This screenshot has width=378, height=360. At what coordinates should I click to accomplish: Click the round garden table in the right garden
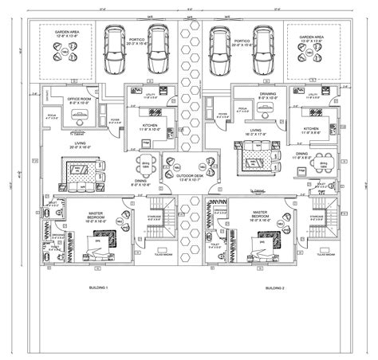tap(309, 53)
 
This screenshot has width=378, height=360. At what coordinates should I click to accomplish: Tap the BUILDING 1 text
tap(99, 285)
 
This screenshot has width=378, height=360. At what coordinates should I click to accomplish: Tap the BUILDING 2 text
tap(275, 285)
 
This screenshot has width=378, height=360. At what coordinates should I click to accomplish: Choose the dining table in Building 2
tap(322, 163)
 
